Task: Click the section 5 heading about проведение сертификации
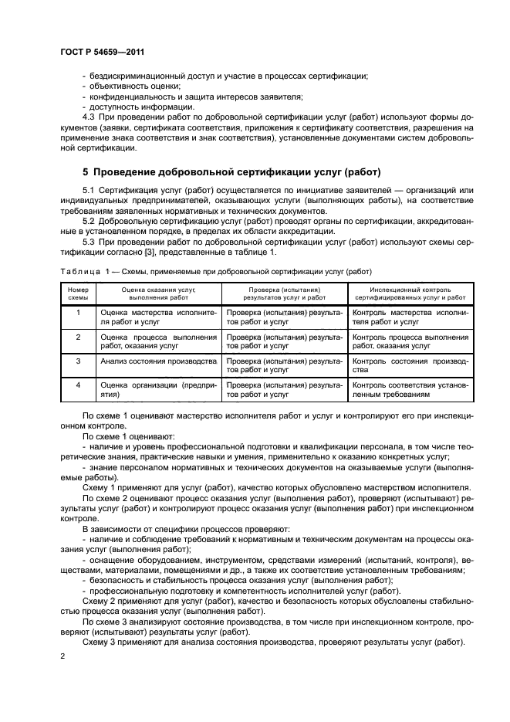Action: coord(231,171)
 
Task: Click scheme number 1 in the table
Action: coord(77,313)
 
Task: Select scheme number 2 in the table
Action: coord(77,337)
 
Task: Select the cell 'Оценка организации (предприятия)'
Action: coord(157,388)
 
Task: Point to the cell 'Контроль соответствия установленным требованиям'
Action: coord(409,388)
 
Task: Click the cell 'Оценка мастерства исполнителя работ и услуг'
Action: coord(157,317)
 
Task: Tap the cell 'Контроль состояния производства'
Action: coord(409,364)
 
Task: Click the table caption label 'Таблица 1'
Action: coord(84,272)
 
